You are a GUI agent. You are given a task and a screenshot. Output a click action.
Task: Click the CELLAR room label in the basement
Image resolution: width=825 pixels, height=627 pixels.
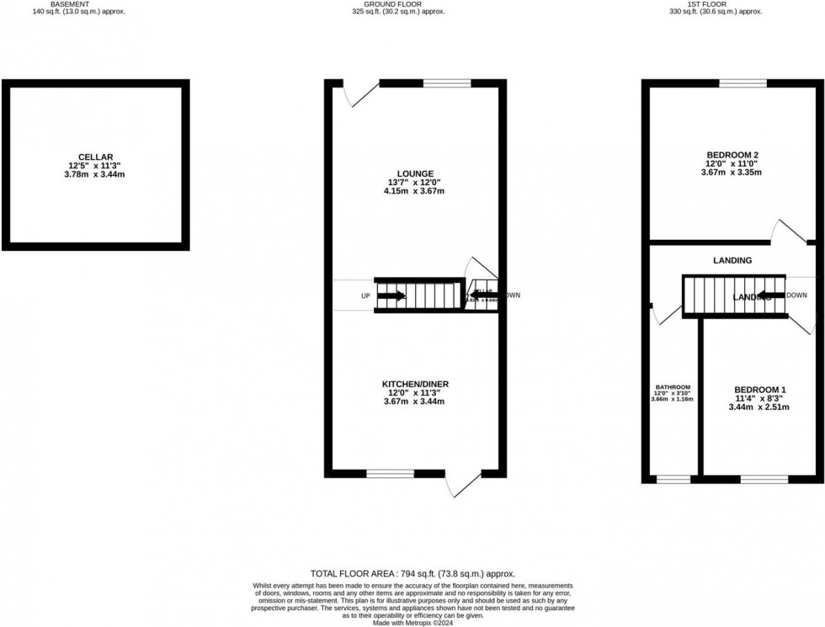[x=95, y=157]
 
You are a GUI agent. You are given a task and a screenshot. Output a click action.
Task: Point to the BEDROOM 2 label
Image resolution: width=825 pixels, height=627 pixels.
[x=732, y=155]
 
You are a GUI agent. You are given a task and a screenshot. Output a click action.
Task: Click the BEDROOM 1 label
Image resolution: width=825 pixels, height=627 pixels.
[x=758, y=390]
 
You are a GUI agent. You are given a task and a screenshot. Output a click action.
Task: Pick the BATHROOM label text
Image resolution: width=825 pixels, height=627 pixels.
[x=673, y=387]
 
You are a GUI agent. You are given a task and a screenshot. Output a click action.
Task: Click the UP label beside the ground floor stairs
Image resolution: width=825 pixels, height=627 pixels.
[x=365, y=296]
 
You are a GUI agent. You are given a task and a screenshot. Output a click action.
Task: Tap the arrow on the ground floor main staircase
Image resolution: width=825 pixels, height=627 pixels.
[x=391, y=295]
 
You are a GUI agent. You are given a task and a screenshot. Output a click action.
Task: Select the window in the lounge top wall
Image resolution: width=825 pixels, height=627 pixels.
[x=446, y=83]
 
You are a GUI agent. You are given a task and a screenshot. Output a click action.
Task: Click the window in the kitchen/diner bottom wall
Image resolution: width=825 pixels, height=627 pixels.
[x=390, y=474]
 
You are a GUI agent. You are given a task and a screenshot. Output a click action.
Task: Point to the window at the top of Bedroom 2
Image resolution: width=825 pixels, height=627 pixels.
[x=742, y=83]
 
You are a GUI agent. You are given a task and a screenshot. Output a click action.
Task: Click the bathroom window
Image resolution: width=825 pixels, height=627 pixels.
[x=673, y=479]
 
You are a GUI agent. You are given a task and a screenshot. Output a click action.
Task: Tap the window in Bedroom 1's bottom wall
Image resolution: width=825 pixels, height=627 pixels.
[x=764, y=479]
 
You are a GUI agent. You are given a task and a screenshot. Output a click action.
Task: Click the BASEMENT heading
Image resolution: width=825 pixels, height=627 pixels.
[x=72, y=4]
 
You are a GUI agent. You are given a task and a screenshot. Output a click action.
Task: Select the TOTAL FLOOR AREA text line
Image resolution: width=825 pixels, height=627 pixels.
[x=412, y=573]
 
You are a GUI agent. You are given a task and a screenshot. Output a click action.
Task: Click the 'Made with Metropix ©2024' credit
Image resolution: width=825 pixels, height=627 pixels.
[x=412, y=621]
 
